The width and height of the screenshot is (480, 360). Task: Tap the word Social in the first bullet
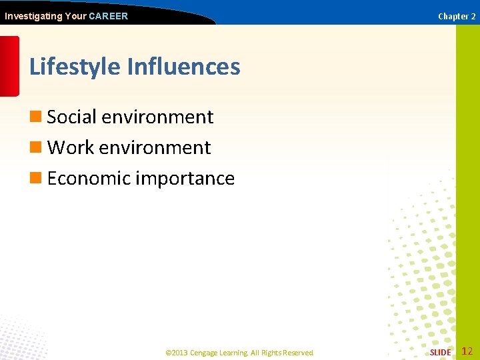pos(72,117)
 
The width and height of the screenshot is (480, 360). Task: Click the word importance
pos(185,178)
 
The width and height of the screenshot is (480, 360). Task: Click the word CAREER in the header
pos(108,16)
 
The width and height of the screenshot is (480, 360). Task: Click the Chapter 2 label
pos(457,16)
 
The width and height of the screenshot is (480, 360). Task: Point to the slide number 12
pos(467,351)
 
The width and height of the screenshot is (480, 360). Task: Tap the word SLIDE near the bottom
pos(440,352)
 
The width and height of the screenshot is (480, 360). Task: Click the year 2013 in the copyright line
pos(179,353)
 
